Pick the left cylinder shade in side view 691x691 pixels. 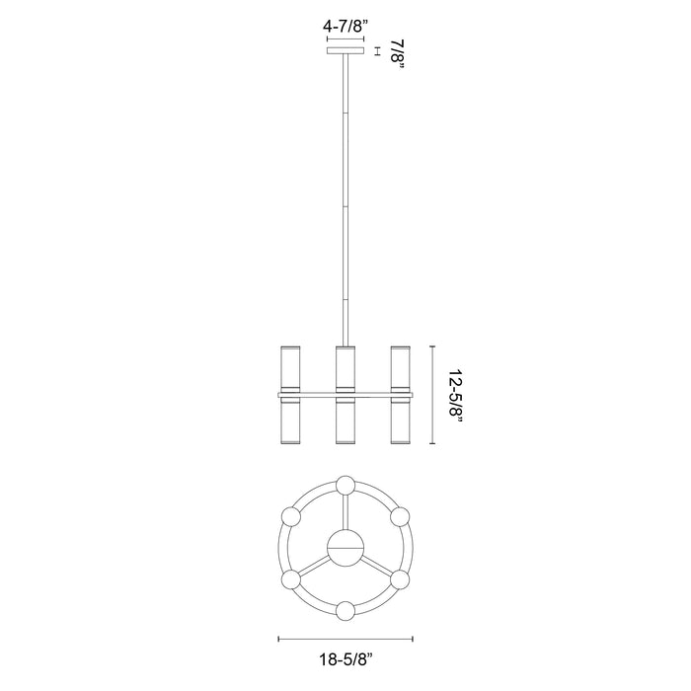(x=290, y=395)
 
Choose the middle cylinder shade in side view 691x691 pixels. (x=345, y=395)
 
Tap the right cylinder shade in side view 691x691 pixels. (x=399, y=395)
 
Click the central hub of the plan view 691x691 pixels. (x=345, y=547)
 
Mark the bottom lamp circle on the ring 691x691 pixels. (x=345, y=610)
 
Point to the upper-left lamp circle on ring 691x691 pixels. (x=290, y=516)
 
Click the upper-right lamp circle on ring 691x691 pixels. (x=399, y=516)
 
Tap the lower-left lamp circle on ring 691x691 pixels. (x=290, y=578)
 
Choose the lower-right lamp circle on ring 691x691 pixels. (x=399, y=578)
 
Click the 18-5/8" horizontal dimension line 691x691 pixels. (x=345, y=638)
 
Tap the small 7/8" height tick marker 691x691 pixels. (x=378, y=50)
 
